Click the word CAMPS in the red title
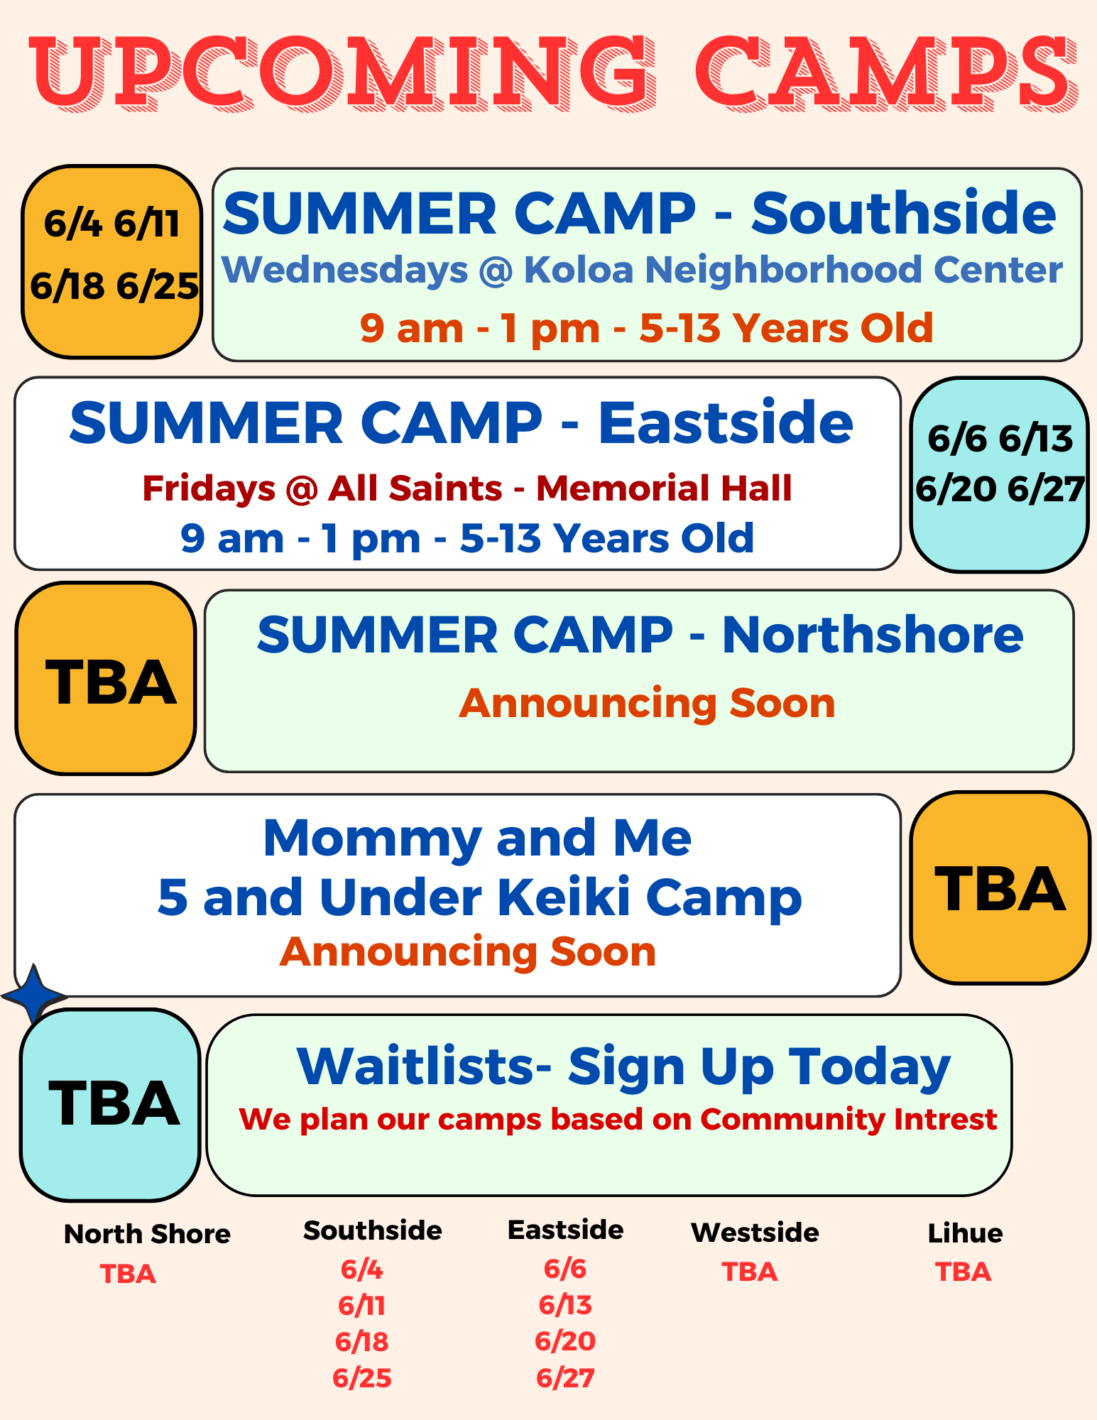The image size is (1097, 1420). (x=886, y=73)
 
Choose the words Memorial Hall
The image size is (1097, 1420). (x=664, y=488)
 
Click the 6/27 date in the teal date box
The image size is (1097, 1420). (x=1046, y=490)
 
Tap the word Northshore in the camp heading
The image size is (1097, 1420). (x=873, y=634)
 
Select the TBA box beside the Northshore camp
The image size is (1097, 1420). (x=106, y=679)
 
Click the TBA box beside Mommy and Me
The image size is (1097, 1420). (x=1000, y=888)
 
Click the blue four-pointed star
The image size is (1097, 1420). (x=33, y=995)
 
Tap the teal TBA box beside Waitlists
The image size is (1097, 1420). (x=110, y=1105)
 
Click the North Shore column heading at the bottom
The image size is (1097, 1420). (x=147, y=1234)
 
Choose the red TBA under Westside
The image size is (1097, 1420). (x=750, y=1272)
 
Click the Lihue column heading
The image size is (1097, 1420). (x=965, y=1233)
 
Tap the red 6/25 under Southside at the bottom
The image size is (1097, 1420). (x=362, y=1378)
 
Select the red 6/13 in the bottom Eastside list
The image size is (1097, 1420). (x=565, y=1305)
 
